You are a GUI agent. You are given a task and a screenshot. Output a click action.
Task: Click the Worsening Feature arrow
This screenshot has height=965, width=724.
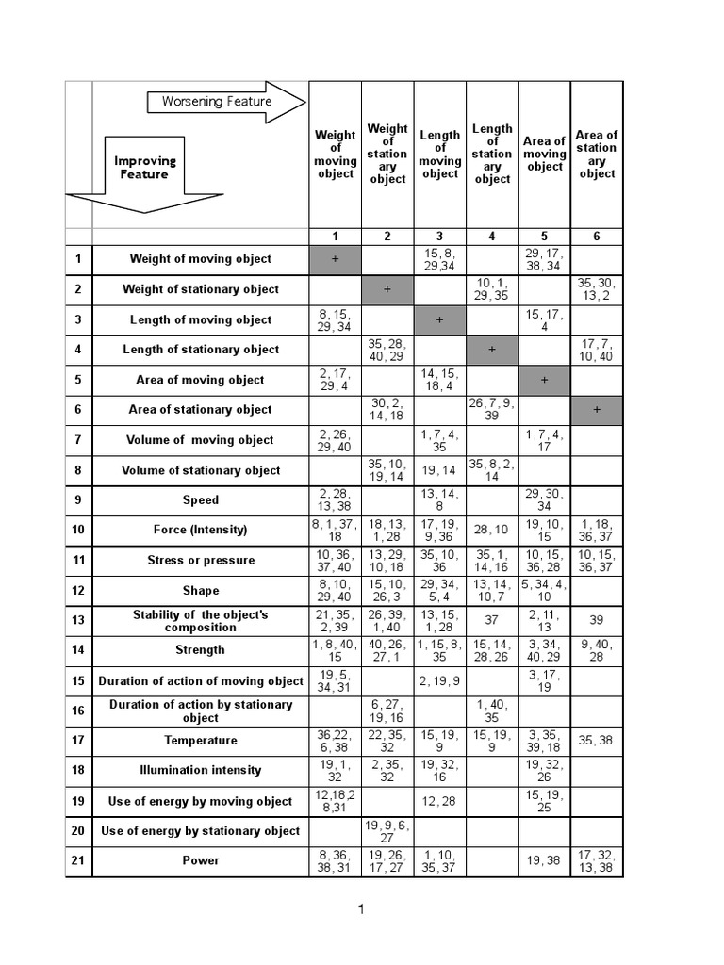[227, 102]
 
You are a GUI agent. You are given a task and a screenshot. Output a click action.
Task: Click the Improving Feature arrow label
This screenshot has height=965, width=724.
[144, 168]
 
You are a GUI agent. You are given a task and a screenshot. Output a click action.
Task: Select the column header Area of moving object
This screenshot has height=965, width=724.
[545, 154]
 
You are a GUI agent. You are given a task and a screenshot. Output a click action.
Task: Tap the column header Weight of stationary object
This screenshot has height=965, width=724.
[387, 154]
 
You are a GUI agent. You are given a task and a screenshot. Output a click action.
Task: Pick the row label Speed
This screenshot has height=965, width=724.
[200, 500]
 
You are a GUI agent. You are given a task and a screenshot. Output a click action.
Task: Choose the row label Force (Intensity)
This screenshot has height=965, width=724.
[200, 531]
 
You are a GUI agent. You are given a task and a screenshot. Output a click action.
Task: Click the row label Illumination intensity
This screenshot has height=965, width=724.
[200, 770]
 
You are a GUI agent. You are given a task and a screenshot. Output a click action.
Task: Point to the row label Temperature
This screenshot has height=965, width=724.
[200, 741]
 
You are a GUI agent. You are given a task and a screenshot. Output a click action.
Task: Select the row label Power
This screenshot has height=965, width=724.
[200, 860]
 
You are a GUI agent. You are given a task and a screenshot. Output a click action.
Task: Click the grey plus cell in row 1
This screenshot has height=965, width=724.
[336, 259]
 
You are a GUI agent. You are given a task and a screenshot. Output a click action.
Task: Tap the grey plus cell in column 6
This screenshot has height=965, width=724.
[597, 410]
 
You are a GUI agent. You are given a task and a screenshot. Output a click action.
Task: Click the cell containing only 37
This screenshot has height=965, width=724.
[492, 621]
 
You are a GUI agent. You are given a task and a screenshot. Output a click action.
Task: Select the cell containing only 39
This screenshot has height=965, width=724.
[597, 621]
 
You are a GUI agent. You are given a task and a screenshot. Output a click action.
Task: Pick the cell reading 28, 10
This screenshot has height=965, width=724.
[492, 531]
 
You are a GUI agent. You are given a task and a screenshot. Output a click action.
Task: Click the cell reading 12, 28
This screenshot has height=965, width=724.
[440, 801]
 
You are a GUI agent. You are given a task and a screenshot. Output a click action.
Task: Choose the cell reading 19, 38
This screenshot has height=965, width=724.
[545, 860]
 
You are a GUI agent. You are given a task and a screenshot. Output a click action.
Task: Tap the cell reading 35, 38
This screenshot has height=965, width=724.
[597, 741]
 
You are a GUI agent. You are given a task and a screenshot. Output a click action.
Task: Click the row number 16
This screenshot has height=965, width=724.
[78, 711]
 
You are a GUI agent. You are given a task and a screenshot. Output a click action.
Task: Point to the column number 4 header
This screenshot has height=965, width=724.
[492, 237]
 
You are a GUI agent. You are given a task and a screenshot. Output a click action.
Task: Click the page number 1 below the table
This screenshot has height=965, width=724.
[360, 909]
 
